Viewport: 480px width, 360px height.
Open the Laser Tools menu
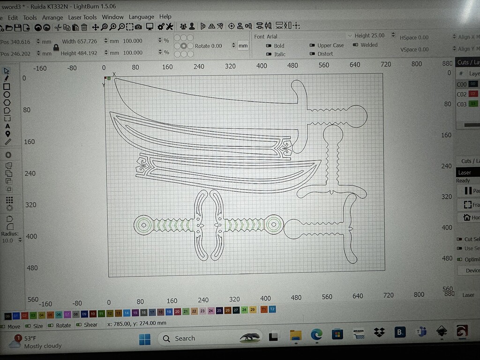click(82, 17)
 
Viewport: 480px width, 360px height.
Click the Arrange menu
click(52, 17)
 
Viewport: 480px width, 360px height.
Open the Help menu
click(165, 16)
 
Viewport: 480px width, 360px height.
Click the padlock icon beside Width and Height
click(56, 47)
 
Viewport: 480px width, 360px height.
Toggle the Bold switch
click(269, 46)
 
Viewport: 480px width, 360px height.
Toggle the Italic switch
click(269, 54)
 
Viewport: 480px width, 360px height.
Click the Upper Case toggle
click(313, 45)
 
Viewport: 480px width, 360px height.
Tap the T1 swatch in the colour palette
click(263, 310)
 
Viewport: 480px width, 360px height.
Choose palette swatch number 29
click(253, 310)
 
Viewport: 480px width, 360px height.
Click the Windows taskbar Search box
click(197, 338)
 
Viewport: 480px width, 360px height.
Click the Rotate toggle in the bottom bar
click(60, 325)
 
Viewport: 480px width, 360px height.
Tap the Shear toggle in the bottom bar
click(88, 325)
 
